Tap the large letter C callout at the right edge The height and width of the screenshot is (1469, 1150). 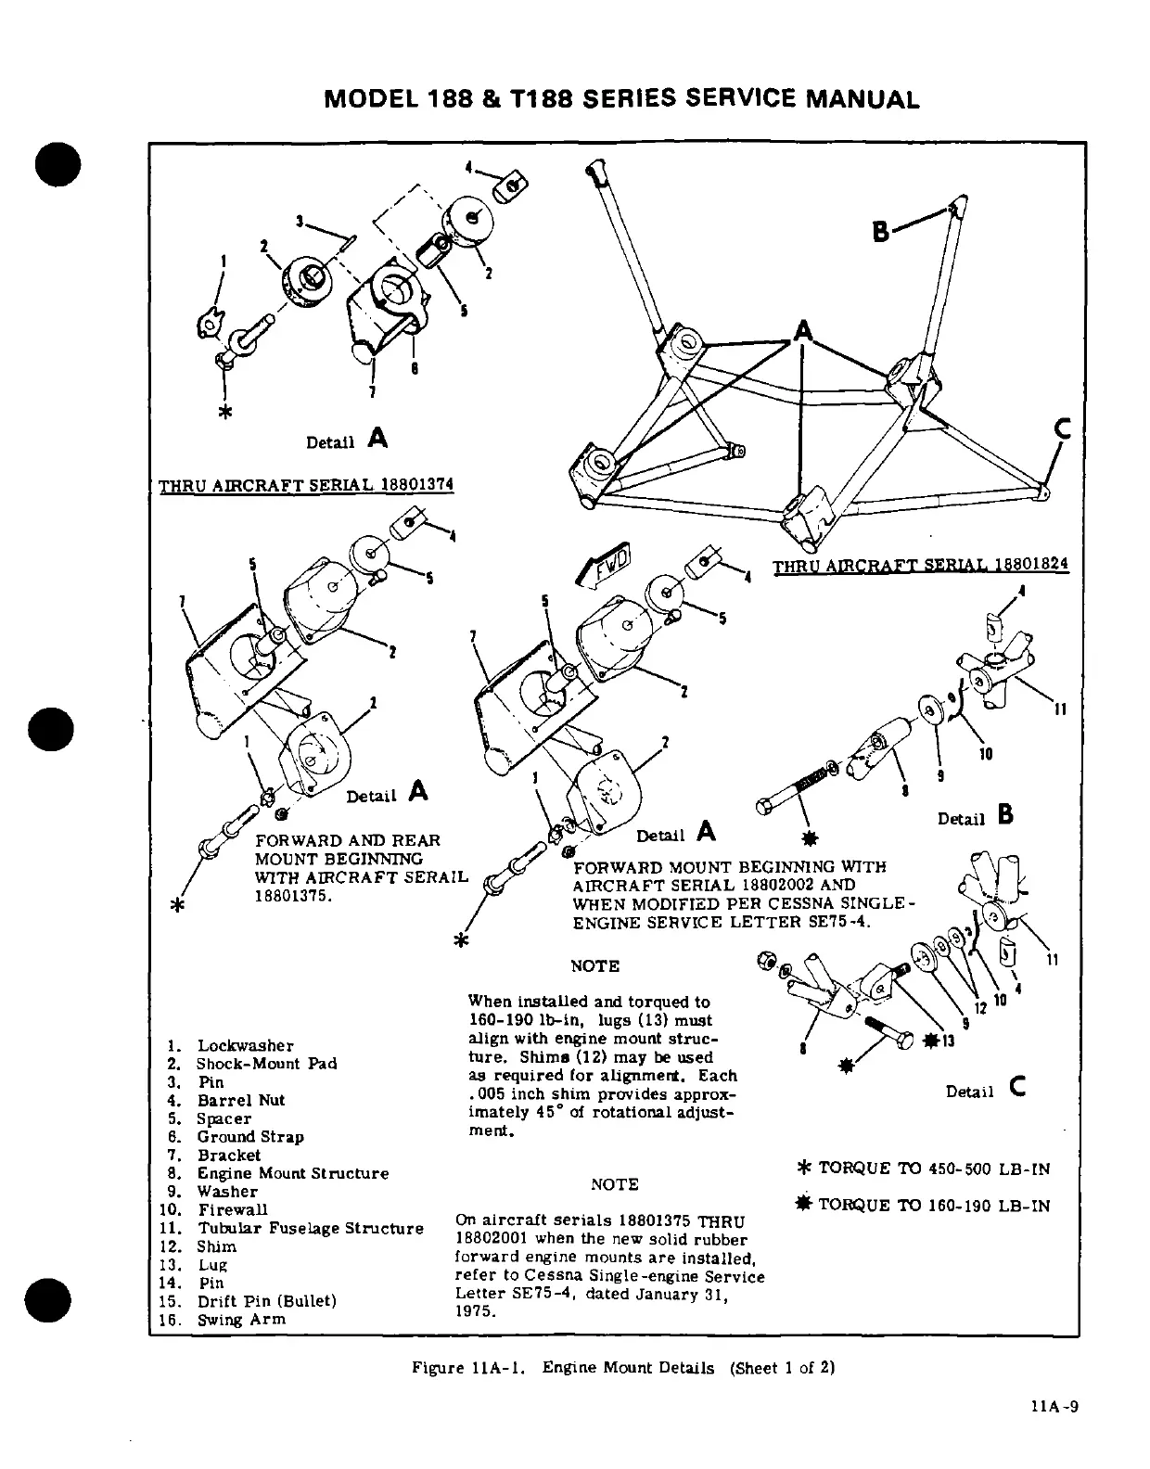(1062, 429)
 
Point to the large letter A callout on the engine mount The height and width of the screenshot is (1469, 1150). (802, 331)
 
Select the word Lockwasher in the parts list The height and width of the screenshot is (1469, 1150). (245, 1045)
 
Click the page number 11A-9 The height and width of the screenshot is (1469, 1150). (1056, 1406)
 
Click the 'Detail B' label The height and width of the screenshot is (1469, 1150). (974, 817)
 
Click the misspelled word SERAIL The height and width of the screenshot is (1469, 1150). (437, 877)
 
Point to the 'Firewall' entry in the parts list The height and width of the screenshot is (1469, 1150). (232, 1209)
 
